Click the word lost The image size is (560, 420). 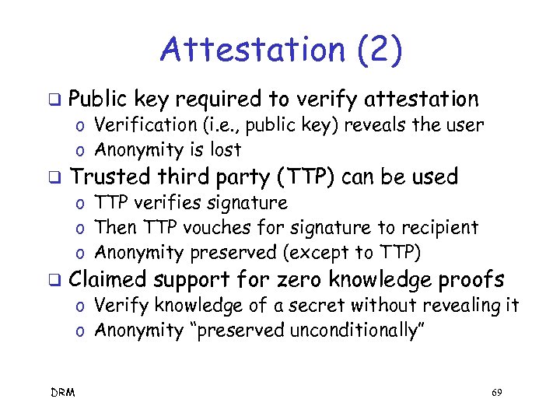[226, 150]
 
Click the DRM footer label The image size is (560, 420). [63, 394]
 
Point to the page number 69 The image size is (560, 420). [497, 394]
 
